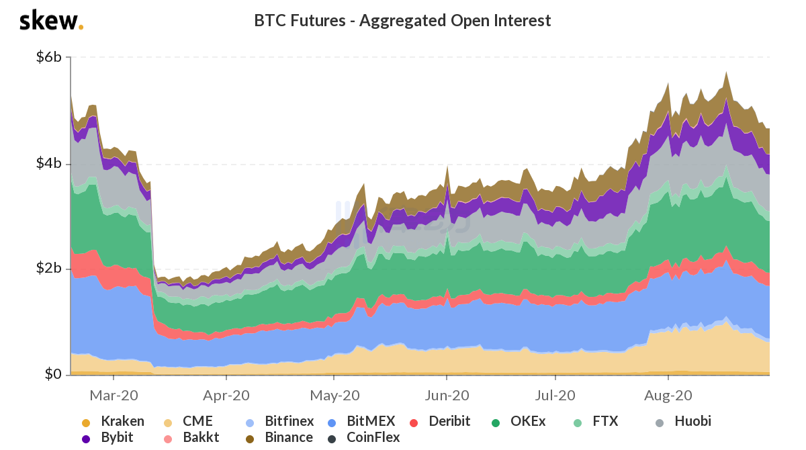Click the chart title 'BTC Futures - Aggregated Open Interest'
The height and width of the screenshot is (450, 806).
(402, 21)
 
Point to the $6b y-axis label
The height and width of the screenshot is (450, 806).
(49, 58)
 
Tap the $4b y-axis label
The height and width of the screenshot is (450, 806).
(49, 164)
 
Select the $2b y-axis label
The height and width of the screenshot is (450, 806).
(49, 269)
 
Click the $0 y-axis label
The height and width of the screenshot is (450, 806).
(53, 374)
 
